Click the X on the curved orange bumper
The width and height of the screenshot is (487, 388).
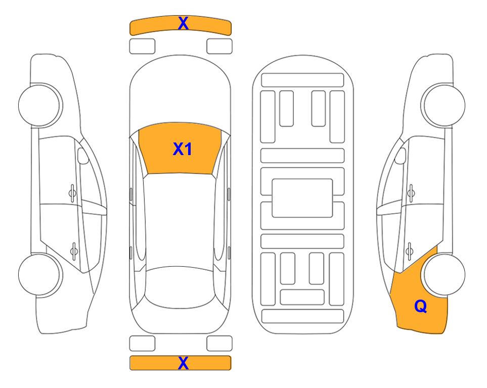[x=183, y=23]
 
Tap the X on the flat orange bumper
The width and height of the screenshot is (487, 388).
[x=183, y=363]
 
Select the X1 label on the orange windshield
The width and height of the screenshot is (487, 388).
[x=183, y=149]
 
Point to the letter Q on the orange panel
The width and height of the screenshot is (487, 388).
[x=421, y=306]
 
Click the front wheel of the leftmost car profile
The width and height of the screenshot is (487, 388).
[x=40, y=105]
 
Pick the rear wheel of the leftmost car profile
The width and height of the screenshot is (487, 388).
[x=40, y=274]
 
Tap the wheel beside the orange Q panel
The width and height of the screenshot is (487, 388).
[x=443, y=274]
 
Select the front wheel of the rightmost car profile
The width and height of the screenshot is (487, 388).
[x=443, y=105]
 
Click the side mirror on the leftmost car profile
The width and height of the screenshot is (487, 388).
[x=82, y=156]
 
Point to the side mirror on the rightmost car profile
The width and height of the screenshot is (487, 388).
[x=401, y=156]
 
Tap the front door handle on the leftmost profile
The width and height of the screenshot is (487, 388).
[x=72, y=193]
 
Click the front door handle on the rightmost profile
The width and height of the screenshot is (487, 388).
[x=411, y=193]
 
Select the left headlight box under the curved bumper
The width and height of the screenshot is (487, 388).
[x=142, y=46]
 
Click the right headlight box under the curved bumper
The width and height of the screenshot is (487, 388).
[x=219, y=46]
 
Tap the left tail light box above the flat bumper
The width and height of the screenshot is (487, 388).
[x=142, y=344]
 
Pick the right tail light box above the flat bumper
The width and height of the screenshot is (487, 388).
[x=219, y=344]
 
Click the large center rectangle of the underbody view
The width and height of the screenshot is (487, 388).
[x=302, y=198]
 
